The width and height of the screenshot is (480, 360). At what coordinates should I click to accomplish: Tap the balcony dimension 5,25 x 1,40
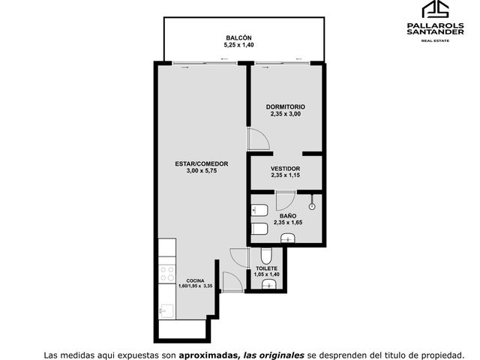pyautogui.click(x=238, y=45)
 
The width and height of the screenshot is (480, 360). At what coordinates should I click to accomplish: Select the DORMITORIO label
pyautogui.click(x=285, y=106)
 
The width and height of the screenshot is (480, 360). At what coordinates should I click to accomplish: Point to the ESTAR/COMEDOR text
pyautogui.click(x=202, y=163)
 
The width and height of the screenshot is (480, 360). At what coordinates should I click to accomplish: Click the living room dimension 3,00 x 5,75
pyautogui.click(x=202, y=171)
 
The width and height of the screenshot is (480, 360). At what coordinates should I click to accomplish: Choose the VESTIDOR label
pyautogui.click(x=285, y=169)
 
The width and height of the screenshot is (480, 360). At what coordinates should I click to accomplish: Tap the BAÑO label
pyautogui.click(x=288, y=216)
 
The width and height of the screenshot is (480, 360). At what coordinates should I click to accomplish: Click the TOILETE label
pyautogui.click(x=267, y=268)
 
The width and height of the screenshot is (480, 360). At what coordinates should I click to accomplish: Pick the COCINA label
pyautogui.click(x=195, y=280)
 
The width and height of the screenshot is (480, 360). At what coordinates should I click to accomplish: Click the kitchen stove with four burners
pyautogui.click(x=167, y=274)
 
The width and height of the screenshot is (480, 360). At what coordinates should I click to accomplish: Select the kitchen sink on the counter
pyautogui.click(x=166, y=311)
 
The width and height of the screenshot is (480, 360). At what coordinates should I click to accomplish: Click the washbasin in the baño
pyautogui.click(x=287, y=238)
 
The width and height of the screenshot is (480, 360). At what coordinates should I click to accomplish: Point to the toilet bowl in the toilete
pyautogui.click(x=266, y=255)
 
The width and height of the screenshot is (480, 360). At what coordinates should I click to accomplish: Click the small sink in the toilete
pyautogui.click(x=268, y=284)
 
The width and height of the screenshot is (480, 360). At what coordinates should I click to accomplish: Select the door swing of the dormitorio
pyautogui.click(x=259, y=139)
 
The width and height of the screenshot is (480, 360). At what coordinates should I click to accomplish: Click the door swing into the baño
pyautogui.click(x=286, y=201)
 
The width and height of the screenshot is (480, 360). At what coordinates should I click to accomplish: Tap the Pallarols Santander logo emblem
pyautogui.click(x=435, y=9)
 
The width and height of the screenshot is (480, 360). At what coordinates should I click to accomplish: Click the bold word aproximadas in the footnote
pyautogui.click(x=208, y=355)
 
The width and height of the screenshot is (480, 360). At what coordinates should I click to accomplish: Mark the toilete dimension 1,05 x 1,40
pyautogui.click(x=267, y=274)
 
